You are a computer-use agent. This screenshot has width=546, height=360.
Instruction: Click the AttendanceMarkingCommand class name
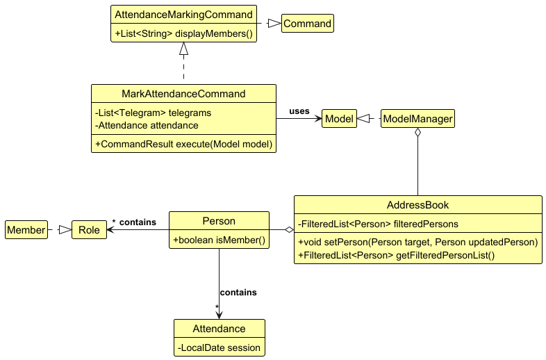click(183, 14)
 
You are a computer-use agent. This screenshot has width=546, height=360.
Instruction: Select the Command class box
click(307, 24)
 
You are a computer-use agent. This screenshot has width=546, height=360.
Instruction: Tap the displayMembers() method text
click(183, 33)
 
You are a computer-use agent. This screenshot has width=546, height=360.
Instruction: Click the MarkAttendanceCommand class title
click(183, 94)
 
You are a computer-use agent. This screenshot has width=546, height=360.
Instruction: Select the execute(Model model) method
click(183, 144)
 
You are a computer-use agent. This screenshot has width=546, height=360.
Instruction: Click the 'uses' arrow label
click(299, 111)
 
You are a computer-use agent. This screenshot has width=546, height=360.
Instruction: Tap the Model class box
click(339, 119)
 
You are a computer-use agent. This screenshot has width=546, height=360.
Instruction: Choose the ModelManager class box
click(417, 119)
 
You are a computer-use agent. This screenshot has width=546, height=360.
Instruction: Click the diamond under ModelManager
click(417, 133)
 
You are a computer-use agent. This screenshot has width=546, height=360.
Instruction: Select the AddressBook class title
click(417, 205)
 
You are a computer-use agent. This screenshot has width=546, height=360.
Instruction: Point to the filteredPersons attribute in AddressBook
click(378, 224)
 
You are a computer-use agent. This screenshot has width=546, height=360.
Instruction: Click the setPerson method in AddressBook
click(417, 242)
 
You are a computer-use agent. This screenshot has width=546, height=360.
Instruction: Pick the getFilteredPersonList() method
click(396, 255)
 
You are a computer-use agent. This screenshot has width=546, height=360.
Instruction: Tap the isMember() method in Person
click(219, 240)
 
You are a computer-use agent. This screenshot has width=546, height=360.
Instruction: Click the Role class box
click(89, 229)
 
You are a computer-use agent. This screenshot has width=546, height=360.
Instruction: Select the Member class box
click(26, 229)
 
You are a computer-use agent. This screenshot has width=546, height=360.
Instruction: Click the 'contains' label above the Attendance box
click(238, 293)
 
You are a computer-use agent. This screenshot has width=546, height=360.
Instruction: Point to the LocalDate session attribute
click(219, 347)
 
